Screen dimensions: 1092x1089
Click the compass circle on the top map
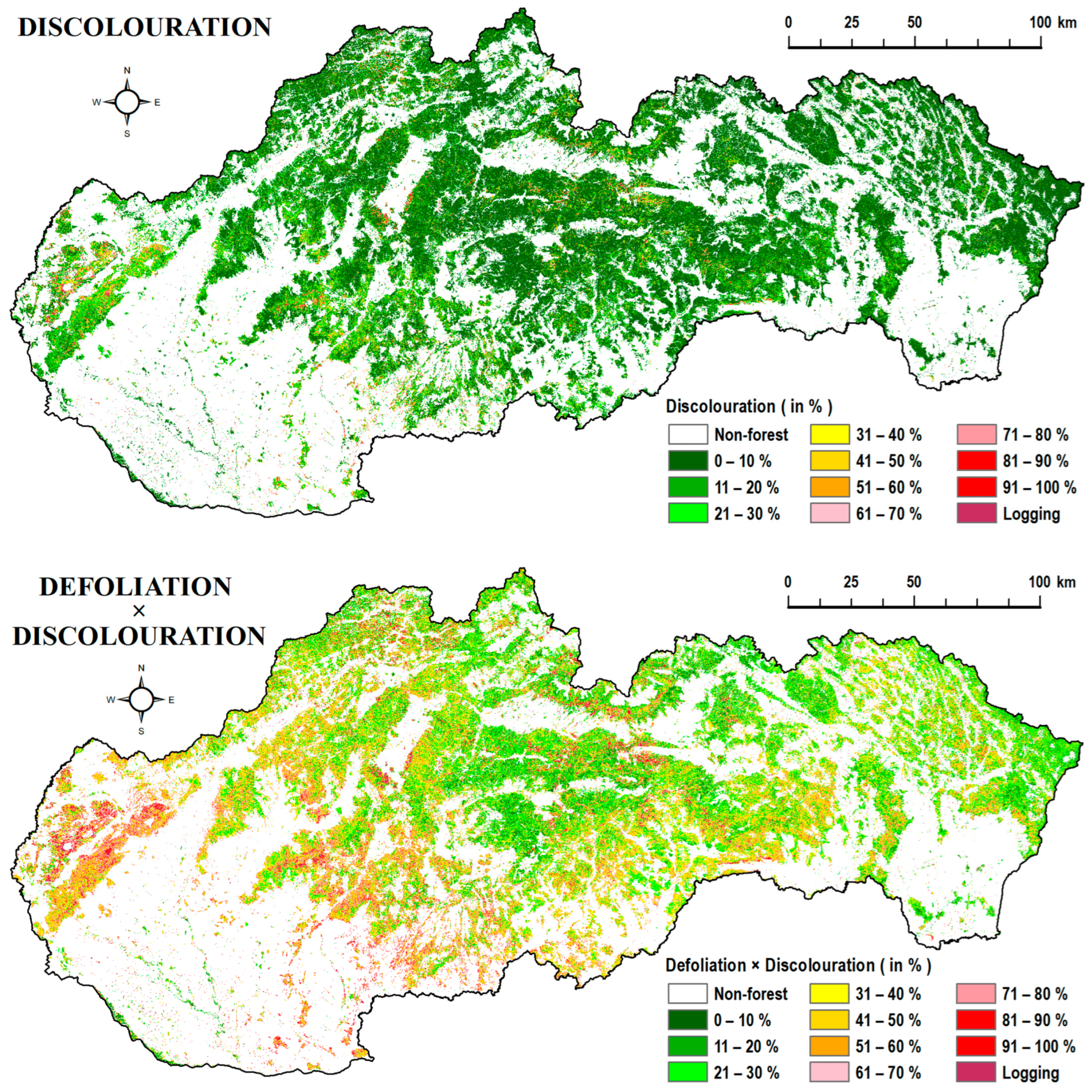pos(127,102)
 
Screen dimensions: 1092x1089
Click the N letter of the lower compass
pos(141,668)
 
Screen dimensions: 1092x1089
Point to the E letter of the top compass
pos(158,102)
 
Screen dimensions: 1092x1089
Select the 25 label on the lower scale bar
pos(851,582)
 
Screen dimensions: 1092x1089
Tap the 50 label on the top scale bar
pos(914,23)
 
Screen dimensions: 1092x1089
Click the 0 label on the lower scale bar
pos(788,582)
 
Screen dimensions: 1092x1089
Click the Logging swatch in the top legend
pos(977,514)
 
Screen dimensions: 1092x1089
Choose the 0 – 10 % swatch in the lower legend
pos(687,1020)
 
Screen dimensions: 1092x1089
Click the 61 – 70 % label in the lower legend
pos(888,1072)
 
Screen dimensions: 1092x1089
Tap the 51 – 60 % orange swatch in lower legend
pos(829,1046)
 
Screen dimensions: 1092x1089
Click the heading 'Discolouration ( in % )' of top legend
pos(749,406)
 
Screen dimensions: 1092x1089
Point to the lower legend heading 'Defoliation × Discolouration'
pos(797,965)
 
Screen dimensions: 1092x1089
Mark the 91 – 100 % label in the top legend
pos(1039,487)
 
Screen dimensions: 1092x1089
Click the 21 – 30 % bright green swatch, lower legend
pos(687,1072)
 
